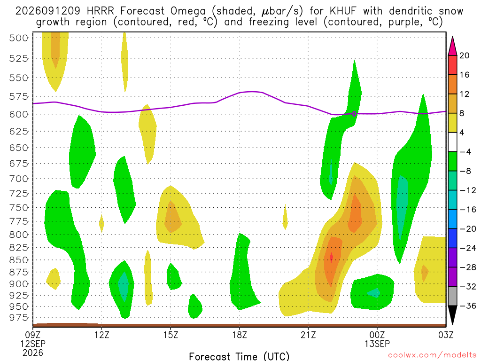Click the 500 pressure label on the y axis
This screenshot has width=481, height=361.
18,38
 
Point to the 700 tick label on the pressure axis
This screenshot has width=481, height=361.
18,179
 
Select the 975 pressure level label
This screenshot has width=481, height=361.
18,317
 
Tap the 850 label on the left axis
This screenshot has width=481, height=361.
18,260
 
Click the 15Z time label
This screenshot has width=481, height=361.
171,335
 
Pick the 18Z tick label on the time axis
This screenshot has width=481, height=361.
240,335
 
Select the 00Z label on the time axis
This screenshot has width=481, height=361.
377,335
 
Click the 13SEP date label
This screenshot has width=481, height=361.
377,344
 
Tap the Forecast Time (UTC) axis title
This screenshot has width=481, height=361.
239,356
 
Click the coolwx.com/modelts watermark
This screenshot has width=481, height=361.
432,355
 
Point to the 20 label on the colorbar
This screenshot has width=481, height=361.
464,55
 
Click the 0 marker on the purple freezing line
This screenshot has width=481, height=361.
354,114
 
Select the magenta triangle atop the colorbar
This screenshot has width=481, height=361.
452,46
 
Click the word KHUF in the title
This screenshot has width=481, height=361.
343,11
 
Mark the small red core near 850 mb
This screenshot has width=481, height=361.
331,257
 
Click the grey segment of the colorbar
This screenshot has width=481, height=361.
452,296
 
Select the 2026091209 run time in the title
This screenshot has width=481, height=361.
47,11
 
